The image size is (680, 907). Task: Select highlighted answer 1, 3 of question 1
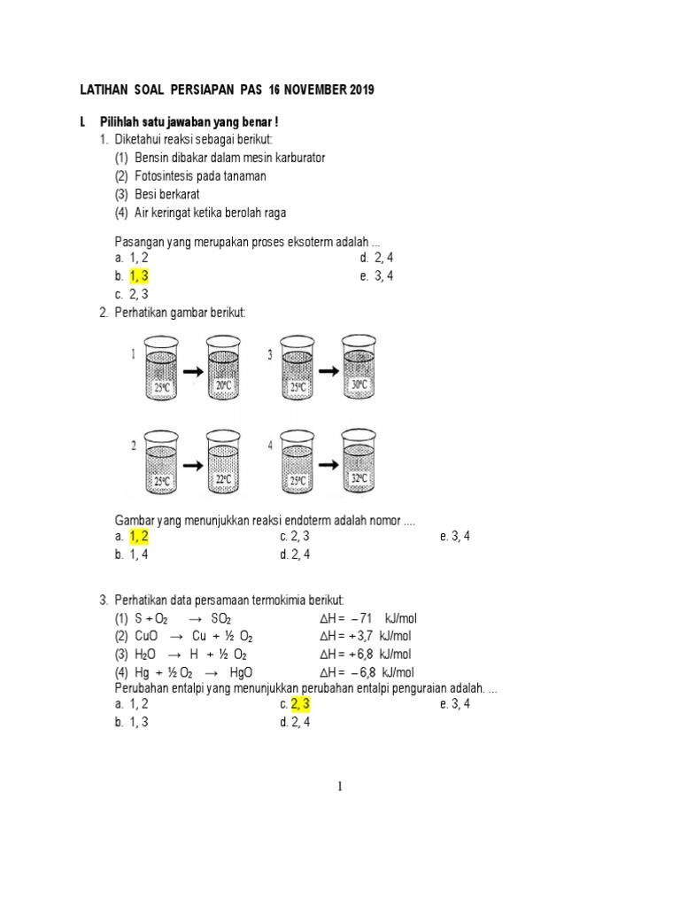click(x=139, y=276)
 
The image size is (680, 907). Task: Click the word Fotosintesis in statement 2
click(x=165, y=176)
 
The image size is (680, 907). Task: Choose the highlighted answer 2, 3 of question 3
click(x=301, y=704)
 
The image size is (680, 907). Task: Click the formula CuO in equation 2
click(x=147, y=636)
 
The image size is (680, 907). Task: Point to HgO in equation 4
click(x=241, y=672)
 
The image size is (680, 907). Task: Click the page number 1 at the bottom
click(x=340, y=787)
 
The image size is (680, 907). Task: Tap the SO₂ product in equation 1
click(x=221, y=618)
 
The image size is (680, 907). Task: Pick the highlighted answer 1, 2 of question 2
click(x=139, y=537)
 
